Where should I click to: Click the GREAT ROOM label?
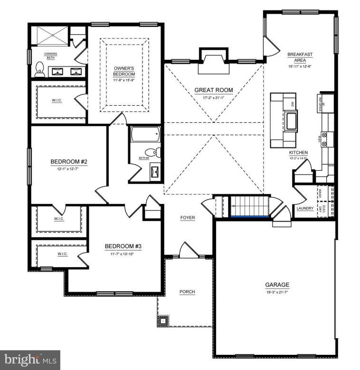(x=214, y=90)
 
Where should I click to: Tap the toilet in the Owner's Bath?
(x=39, y=69)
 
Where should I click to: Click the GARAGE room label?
(x=277, y=285)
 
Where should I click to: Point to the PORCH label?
(x=187, y=292)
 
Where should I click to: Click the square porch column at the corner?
(x=163, y=321)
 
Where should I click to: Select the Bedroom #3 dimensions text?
(x=123, y=254)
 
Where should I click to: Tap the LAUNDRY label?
(x=304, y=208)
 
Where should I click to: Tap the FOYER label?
(x=188, y=218)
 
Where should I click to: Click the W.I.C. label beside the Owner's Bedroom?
(x=57, y=101)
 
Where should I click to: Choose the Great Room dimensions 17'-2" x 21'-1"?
(x=214, y=98)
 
